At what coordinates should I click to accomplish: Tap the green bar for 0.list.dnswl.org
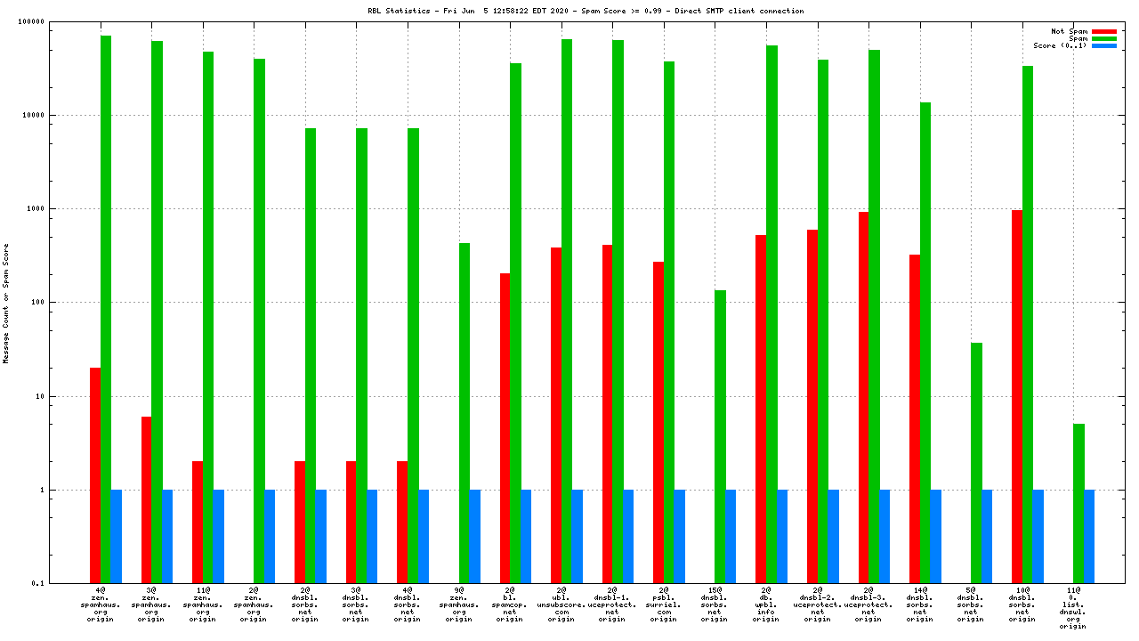1078,503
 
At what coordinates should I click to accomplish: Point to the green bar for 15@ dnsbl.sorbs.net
720,436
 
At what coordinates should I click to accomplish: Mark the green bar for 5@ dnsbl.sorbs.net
976,462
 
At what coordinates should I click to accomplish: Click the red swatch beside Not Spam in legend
1103,31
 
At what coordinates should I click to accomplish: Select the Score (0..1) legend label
1060,45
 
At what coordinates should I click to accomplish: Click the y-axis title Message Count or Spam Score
6,303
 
